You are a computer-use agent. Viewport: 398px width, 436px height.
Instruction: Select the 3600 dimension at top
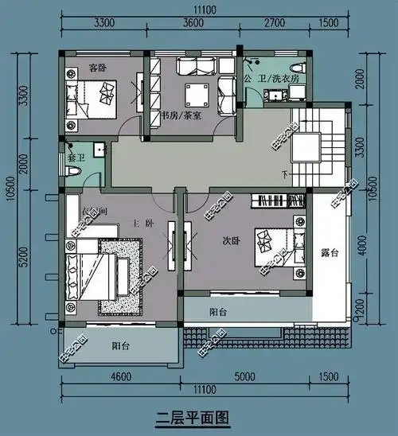tap(194, 23)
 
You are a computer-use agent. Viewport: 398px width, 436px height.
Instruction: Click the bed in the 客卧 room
tap(96, 98)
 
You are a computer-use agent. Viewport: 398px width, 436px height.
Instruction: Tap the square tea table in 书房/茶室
tap(194, 95)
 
